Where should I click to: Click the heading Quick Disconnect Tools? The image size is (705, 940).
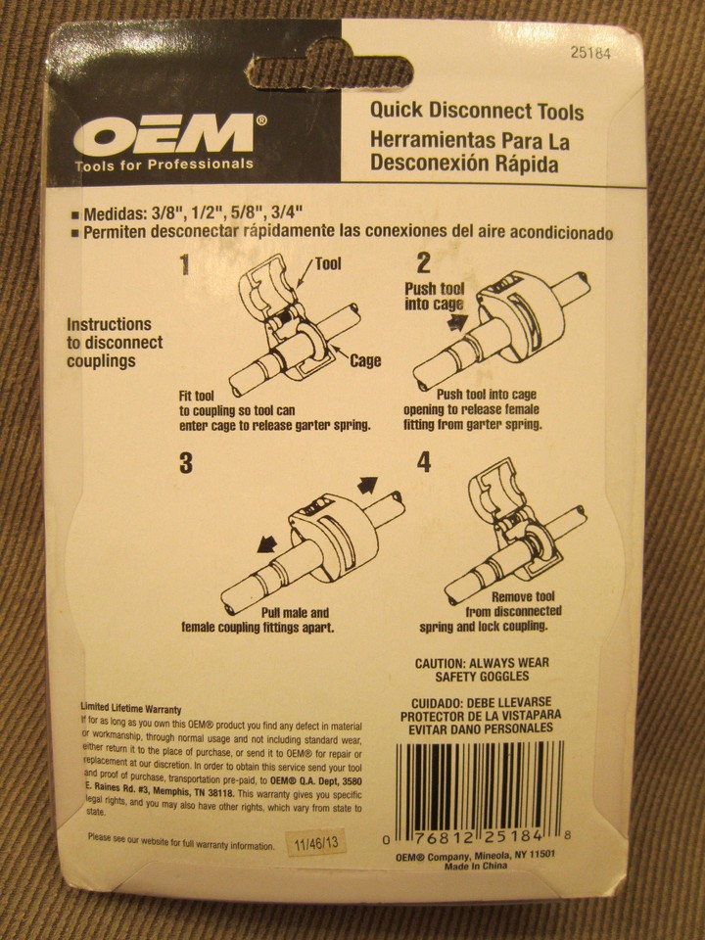coord(477,112)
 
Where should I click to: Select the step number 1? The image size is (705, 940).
coord(185,265)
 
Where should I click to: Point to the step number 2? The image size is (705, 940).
coord(423,262)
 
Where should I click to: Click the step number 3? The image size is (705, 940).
coord(185,464)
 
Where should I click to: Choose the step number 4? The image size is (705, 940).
coord(423,462)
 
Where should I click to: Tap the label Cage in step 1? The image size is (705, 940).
coord(365,360)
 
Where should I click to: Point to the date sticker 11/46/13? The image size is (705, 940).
coord(311,843)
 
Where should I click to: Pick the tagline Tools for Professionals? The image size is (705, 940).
coord(164,164)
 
